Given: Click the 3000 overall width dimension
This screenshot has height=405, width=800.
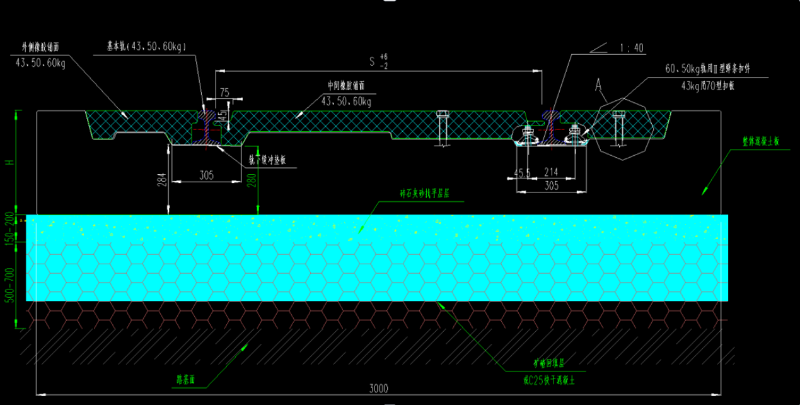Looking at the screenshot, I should tap(378, 387).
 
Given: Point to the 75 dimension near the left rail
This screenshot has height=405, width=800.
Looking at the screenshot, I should tap(224, 92).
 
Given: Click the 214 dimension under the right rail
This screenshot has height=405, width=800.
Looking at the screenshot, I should tap(551, 172).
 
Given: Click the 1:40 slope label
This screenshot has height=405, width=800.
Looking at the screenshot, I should tap(632, 48).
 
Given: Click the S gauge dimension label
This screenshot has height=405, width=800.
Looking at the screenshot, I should tap(373, 62).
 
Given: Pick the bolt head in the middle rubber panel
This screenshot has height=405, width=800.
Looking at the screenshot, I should tap(442, 114).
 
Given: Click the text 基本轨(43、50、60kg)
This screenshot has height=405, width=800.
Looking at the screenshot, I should tap(146, 46).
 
